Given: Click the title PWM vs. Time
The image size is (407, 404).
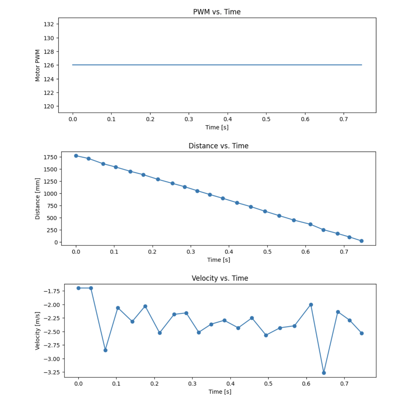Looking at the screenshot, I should tap(217, 12).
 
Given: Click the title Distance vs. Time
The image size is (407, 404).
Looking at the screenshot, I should tap(218, 146).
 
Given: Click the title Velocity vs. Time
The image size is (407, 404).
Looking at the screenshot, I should tap(220, 278).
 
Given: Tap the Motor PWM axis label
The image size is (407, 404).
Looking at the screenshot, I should tap(37, 65).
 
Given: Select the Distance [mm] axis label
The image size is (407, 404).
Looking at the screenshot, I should tap(37, 199).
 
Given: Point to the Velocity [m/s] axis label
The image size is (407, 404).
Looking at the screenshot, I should tap(37, 331).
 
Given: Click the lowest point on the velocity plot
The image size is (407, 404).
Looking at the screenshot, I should tap(324, 373).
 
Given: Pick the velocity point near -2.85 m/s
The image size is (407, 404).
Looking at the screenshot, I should tap(106, 350).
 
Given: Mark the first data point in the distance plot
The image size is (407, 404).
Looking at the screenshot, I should tap(76, 156).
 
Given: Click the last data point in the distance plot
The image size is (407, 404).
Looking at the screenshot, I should tap(361, 241).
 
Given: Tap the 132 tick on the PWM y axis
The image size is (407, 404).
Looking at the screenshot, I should tap(49, 24).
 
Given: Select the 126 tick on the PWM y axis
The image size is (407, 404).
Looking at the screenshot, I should tap(49, 65).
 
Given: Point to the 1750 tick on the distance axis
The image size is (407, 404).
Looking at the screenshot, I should tap(50, 157).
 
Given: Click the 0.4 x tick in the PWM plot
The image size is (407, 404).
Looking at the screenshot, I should tap(228, 119).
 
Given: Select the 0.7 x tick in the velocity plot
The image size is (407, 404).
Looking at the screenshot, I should tap(344, 384).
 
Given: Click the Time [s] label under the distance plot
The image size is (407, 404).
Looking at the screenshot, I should tap(218, 260).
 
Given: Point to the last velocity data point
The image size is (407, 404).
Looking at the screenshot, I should tap(362, 333).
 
